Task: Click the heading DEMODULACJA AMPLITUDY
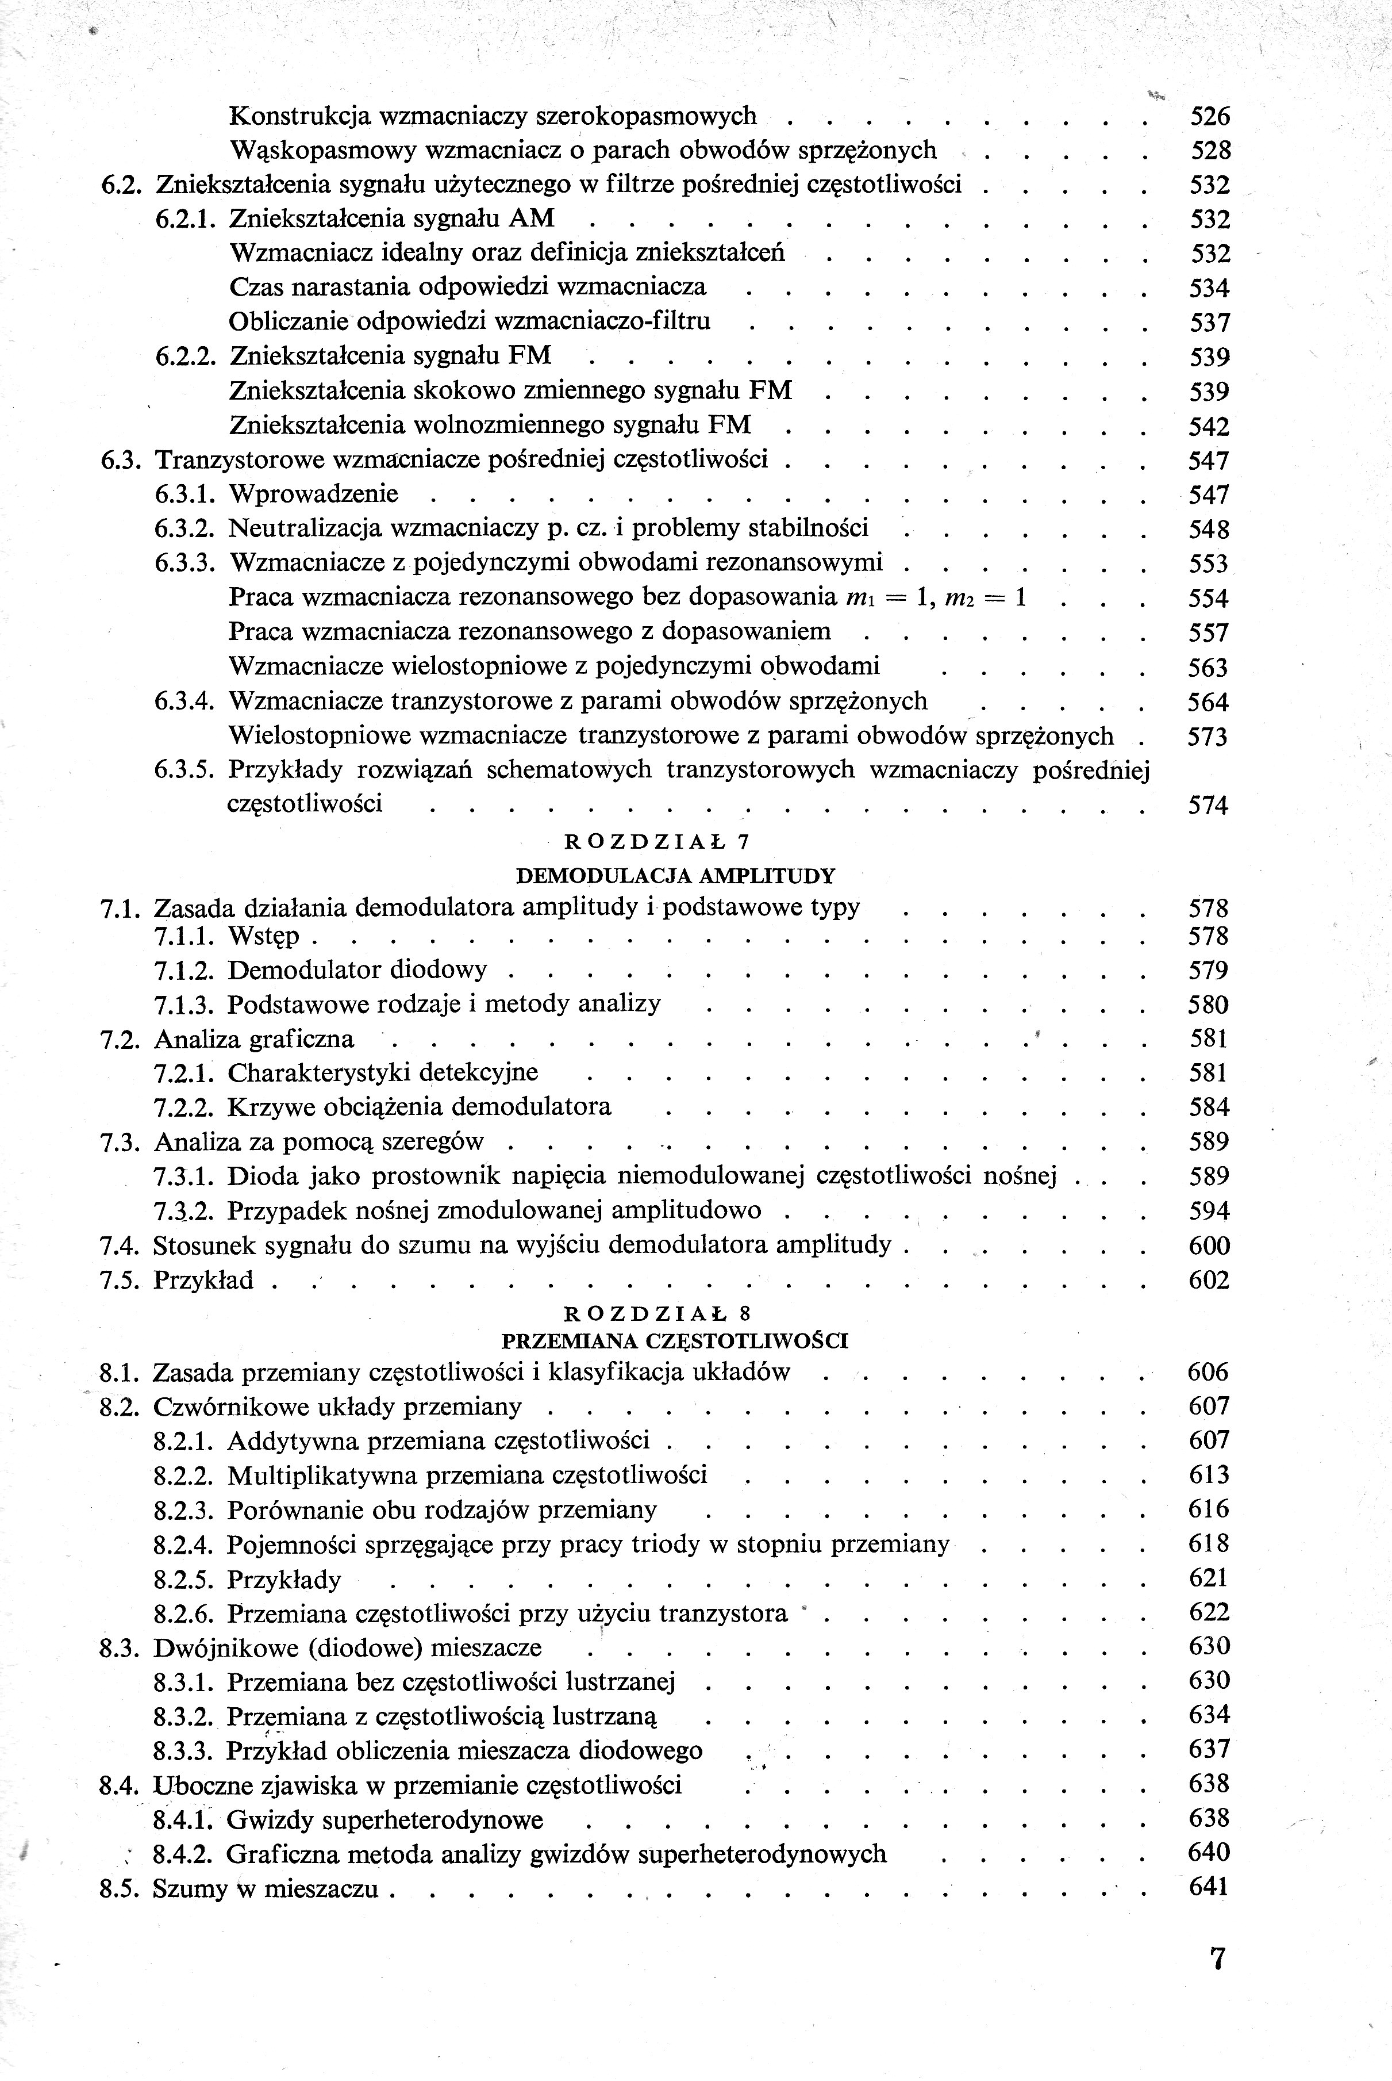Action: tap(675, 876)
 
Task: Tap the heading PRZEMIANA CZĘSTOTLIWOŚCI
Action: tap(675, 1340)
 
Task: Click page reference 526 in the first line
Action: tap(1209, 116)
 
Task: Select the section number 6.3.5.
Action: tap(184, 770)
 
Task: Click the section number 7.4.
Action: tap(121, 1245)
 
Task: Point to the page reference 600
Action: tap(1208, 1246)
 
